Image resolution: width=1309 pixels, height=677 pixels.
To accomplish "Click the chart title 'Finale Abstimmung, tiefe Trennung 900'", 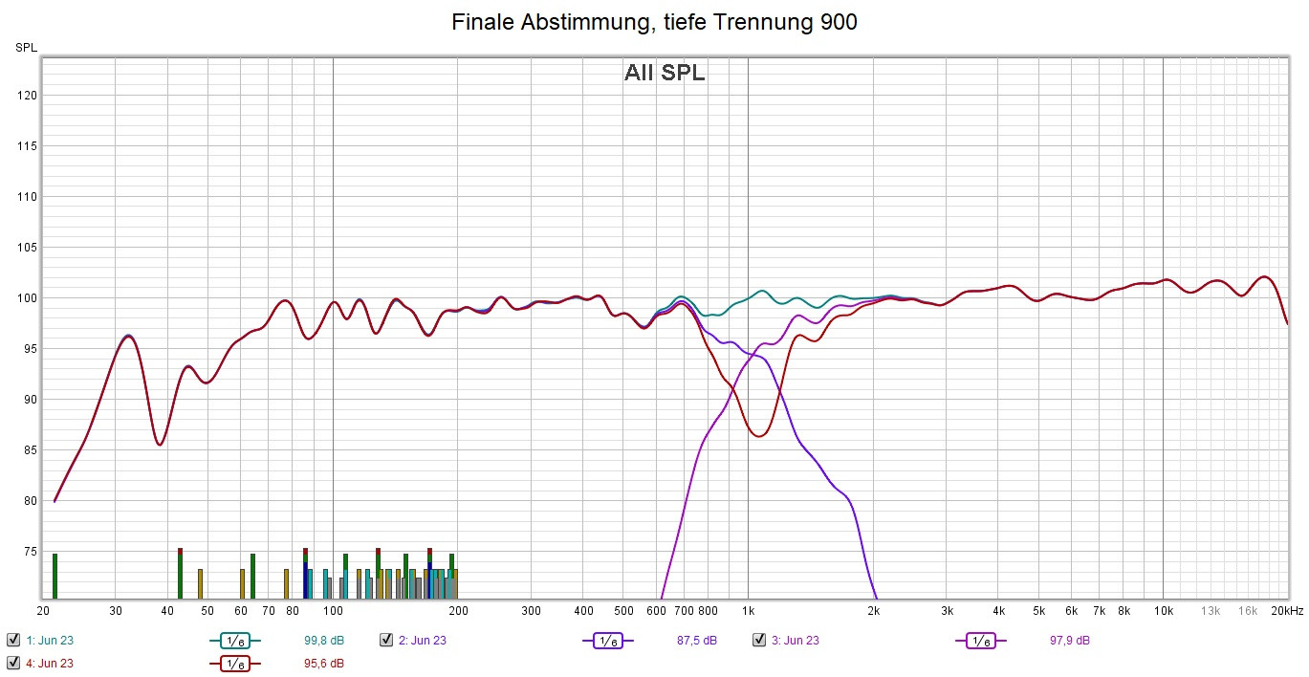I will point(654,22).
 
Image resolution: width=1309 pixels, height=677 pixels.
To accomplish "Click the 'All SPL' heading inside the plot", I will point(665,73).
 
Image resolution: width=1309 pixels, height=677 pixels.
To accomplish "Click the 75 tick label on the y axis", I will point(29,552).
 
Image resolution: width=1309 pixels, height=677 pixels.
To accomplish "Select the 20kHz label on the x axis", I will point(1287,611).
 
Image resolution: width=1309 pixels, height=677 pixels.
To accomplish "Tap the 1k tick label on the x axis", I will point(748,611).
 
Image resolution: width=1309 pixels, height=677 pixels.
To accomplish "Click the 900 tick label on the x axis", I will point(729,611).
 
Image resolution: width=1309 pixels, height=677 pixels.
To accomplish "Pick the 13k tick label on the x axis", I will point(1211,611).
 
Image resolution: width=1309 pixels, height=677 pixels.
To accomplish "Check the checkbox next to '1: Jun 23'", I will point(13,641).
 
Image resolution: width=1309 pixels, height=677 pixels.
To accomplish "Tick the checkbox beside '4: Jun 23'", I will point(13,663).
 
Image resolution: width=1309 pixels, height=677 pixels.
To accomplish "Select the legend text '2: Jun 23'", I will point(422,641).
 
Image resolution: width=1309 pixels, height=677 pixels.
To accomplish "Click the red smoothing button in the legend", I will point(234,663).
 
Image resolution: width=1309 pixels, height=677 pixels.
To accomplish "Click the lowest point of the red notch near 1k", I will point(759,436).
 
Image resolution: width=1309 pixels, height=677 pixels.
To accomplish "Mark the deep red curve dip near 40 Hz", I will point(160,445).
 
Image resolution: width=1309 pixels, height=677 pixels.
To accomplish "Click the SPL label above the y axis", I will point(26,47).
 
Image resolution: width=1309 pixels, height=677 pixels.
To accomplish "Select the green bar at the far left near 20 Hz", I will point(55,575).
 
